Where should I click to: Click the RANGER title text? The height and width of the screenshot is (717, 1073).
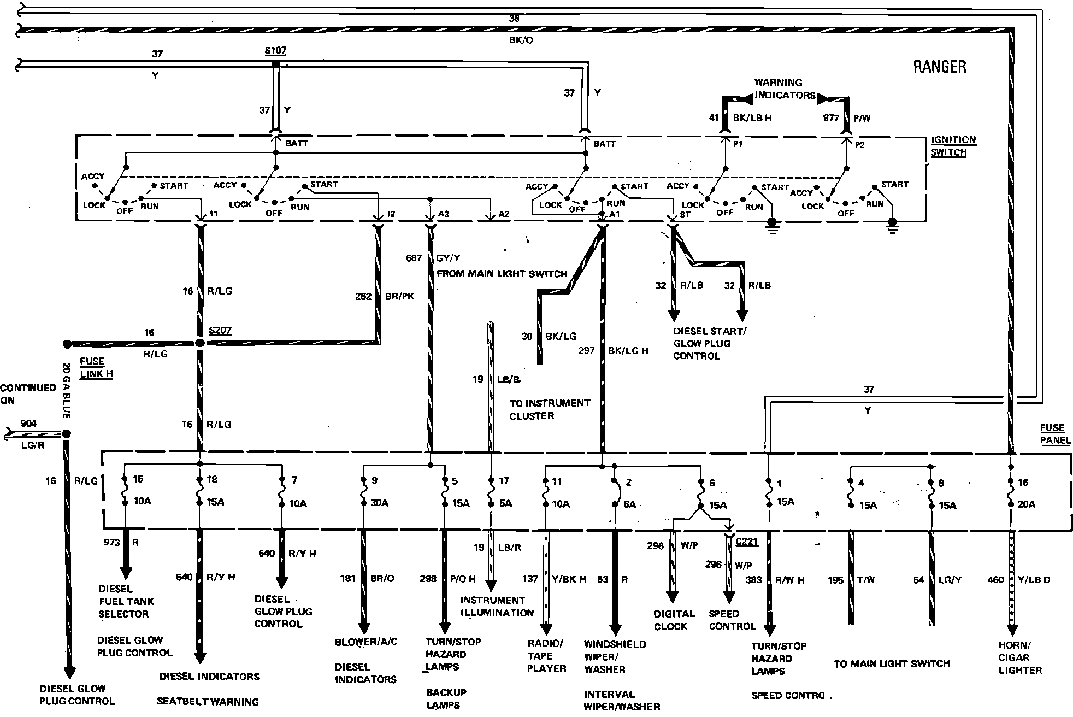939,67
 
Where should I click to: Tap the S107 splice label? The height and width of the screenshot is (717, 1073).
275,51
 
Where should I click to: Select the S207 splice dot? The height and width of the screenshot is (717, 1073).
200,343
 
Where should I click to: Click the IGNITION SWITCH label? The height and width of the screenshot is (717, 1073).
953,146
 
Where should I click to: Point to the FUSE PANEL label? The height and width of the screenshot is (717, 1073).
1054,434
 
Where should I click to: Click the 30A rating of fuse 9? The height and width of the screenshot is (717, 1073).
379,503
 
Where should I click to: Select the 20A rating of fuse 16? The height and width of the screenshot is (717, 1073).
1026,504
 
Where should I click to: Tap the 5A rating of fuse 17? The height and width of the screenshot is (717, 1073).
505,503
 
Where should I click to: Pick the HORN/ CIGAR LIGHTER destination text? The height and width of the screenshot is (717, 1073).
1019,657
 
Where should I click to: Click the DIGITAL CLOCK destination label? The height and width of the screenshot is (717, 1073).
674,620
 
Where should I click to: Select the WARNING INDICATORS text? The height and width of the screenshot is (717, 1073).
785,89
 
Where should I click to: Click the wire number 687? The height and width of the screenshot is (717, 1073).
414,257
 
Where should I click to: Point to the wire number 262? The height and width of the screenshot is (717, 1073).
363,296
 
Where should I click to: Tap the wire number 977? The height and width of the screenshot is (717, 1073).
831,117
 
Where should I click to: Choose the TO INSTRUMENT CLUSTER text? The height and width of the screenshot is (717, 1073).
550,409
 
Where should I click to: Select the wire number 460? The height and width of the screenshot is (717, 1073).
996,579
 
